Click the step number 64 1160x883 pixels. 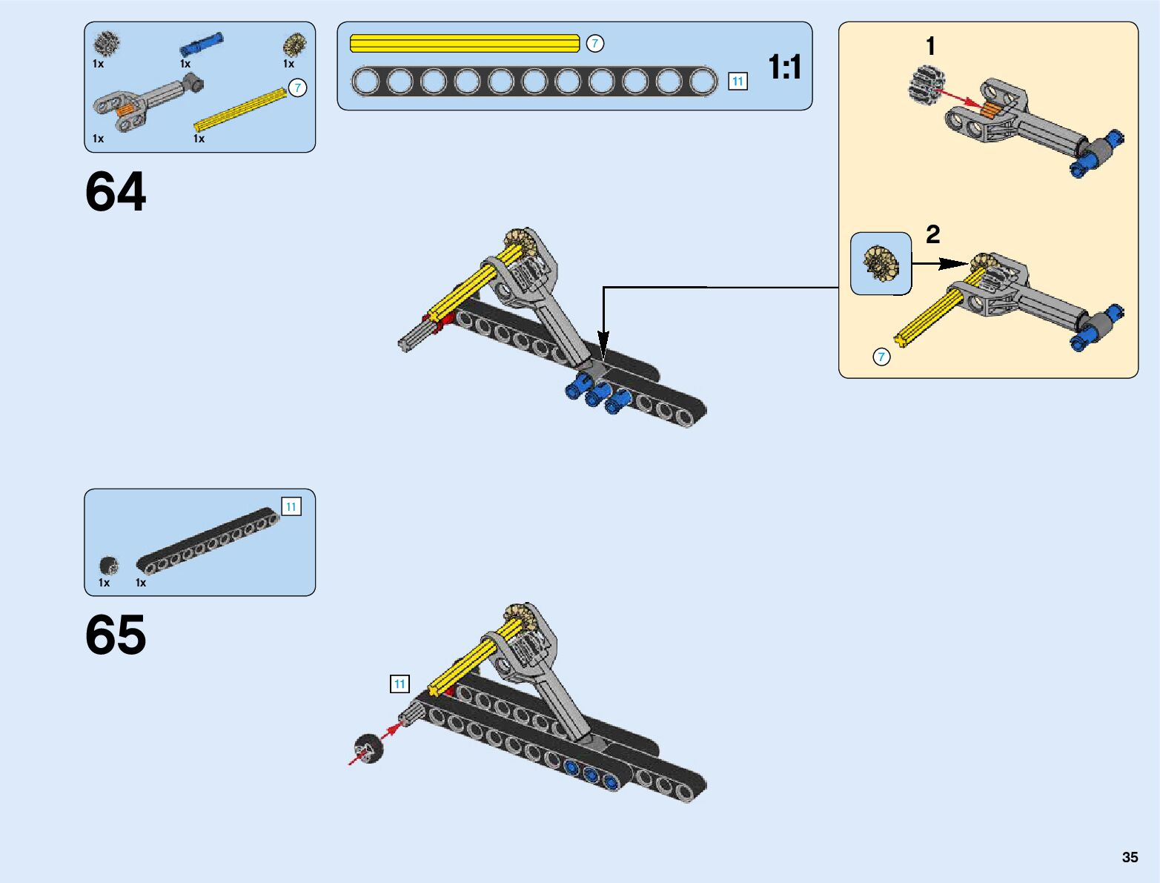tap(116, 192)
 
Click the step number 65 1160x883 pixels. tap(116, 635)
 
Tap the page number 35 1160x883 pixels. tap(1130, 857)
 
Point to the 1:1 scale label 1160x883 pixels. tap(785, 67)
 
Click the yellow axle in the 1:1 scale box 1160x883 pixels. tap(464, 44)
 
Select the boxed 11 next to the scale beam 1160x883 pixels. tap(738, 82)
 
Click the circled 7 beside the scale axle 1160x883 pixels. tap(594, 44)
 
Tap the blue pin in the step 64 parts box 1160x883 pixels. tap(201, 44)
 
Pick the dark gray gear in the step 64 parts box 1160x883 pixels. tap(108, 43)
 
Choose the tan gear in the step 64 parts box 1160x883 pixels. tap(294, 44)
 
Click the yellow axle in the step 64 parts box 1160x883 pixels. tap(241, 109)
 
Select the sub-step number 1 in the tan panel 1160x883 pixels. tap(931, 47)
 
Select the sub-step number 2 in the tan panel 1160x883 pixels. tap(932, 234)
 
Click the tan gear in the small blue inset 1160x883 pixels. tap(881, 263)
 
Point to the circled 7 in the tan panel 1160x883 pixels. tap(881, 357)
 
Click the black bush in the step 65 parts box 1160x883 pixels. tap(109, 566)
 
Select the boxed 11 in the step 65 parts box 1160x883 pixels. tap(291, 507)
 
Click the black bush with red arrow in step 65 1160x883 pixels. tap(368, 748)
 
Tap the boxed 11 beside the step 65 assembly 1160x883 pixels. tap(400, 684)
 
